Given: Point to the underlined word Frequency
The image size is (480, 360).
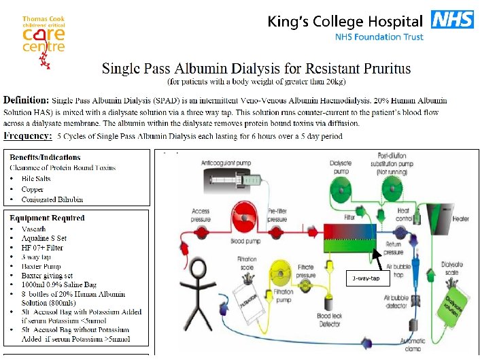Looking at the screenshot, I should coord(28,136).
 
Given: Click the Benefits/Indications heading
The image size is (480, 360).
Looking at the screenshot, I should coord(53,157).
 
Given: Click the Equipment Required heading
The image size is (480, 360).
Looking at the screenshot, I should coord(47,218).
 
